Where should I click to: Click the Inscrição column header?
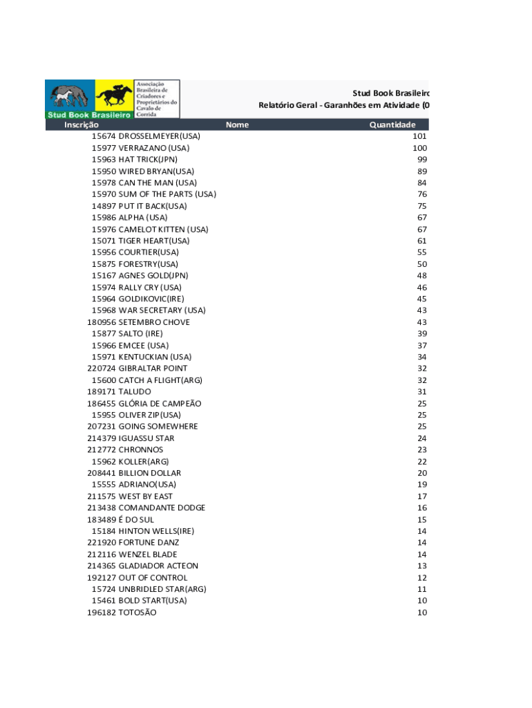tap(82, 125)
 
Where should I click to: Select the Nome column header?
tap(237, 125)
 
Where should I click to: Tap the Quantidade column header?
tap(392, 125)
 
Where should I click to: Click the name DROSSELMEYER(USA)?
tap(160, 136)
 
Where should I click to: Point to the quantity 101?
tap(420, 136)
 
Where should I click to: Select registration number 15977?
tap(104, 148)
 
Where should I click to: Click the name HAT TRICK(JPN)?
tap(148, 160)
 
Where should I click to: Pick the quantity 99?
tap(422, 160)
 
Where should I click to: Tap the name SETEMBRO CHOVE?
tap(154, 322)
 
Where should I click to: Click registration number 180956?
tap(102, 322)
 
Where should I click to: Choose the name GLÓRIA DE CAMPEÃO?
tap(160, 403)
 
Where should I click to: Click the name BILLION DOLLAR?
tap(150, 473)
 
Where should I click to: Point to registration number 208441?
tap(102, 473)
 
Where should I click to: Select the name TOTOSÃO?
tap(137, 613)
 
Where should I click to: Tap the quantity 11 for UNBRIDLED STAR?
tap(422, 589)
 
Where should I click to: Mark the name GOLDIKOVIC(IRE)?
tap(151, 299)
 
